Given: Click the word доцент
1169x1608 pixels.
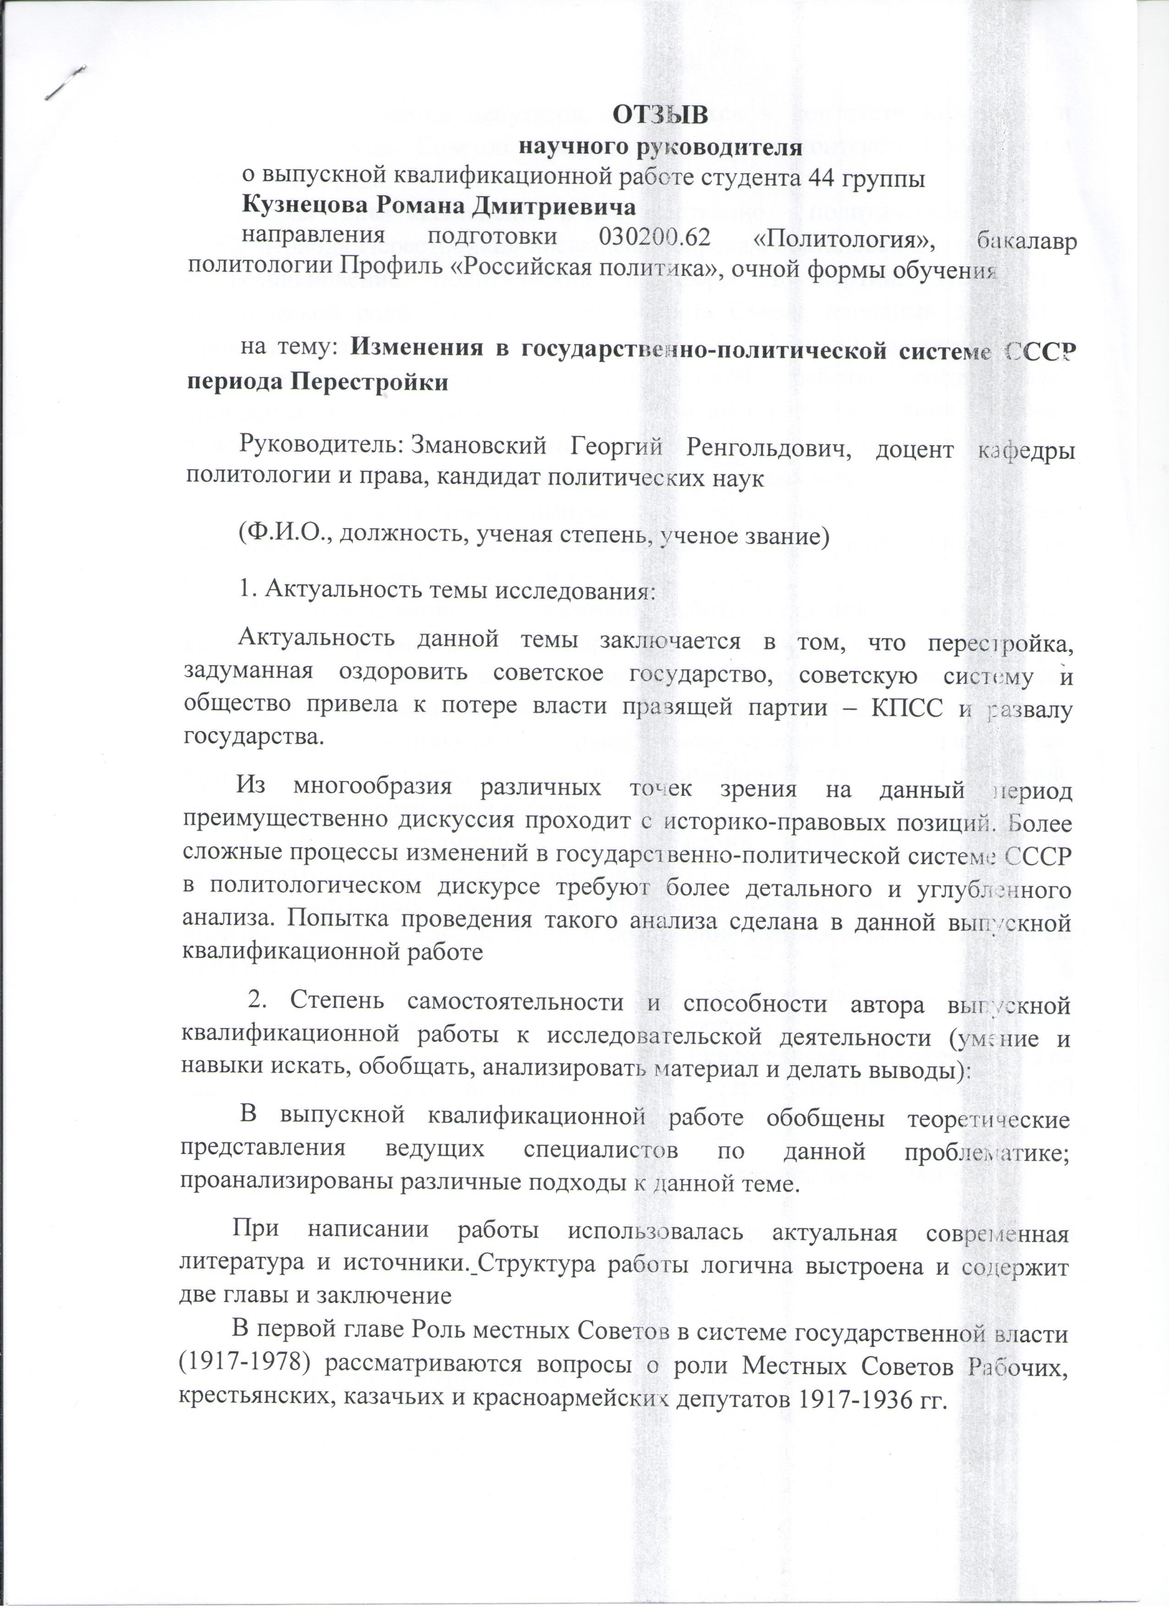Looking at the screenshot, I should pos(911,449).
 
